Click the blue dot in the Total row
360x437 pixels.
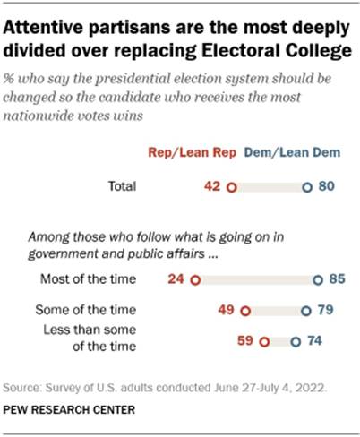[x=306, y=189]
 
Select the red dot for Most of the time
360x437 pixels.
[x=195, y=279]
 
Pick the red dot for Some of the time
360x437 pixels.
[x=244, y=311]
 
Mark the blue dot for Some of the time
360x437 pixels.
[x=305, y=311]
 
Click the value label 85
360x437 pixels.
[x=337, y=279]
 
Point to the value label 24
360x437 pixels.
[x=176, y=279]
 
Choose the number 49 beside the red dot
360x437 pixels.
[x=227, y=311]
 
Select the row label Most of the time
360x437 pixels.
[x=89, y=279]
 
